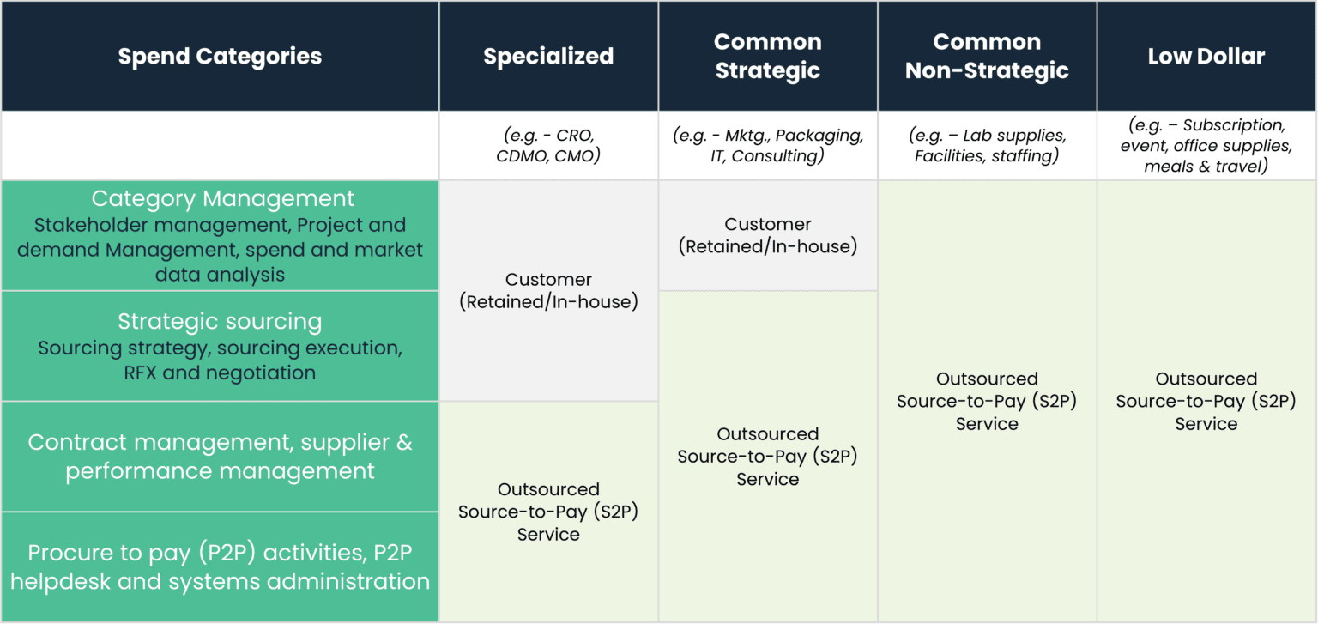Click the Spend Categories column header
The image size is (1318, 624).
pos(220,57)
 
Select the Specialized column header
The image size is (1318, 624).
pos(548,57)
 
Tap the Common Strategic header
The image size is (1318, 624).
pos(767,56)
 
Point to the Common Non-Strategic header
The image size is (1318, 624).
pos(987,56)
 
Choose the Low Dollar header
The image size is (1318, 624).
pos(1206,57)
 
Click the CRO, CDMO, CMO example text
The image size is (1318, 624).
pos(548,145)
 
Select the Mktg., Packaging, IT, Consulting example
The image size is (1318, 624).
pos(767,145)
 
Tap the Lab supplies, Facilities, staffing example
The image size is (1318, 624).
pos(987,145)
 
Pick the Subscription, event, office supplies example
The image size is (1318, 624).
pos(1206,145)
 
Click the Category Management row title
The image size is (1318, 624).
pos(222,199)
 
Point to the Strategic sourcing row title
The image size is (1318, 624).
pos(220,321)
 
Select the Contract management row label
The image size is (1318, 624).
pos(220,457)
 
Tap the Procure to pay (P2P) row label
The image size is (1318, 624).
pos(220,566)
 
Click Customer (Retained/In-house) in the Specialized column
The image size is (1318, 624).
pos(548,290)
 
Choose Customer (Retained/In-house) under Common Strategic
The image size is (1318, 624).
pos(767,235)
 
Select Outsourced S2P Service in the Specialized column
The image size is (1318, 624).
pos(548,512)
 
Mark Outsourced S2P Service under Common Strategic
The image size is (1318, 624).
pos(767,457)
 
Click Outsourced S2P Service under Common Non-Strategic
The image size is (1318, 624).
pos(987,401)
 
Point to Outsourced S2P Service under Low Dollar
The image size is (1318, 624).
pos(1206,401)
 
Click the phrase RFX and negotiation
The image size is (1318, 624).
pos(220,373)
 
